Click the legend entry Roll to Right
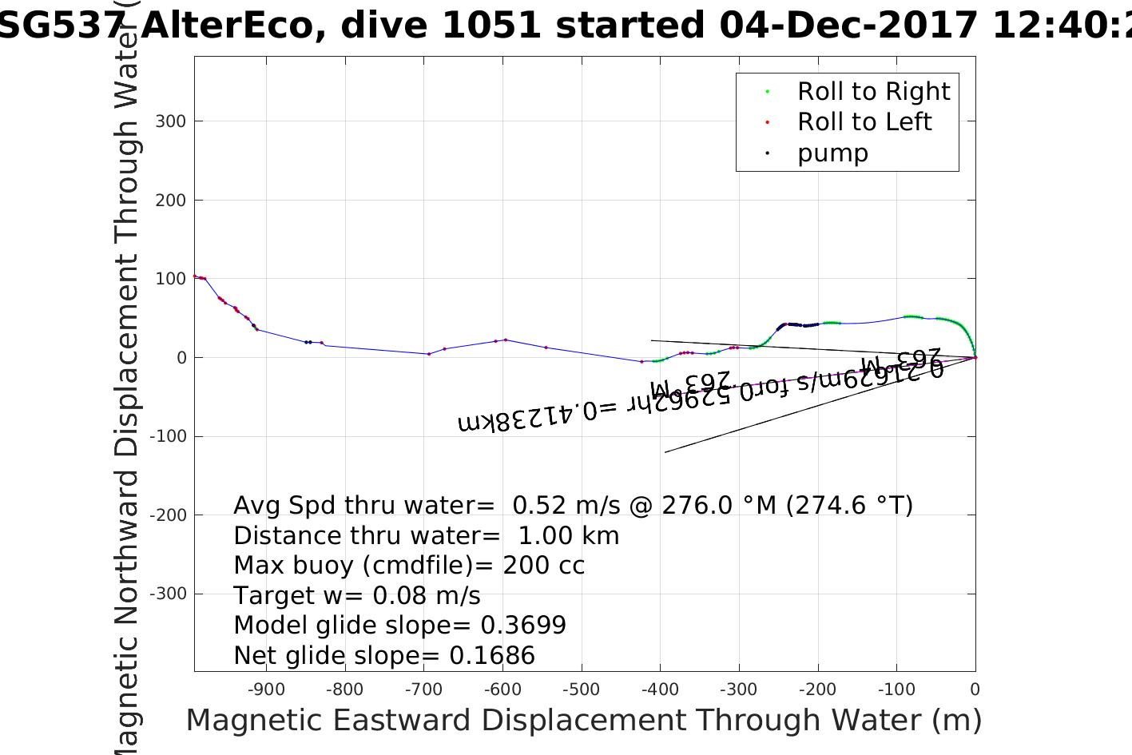click(x=873, y=92)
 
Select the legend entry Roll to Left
click(x=864, y=122)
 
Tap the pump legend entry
click(x=832, y=153)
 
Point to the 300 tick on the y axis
click(x=171, y=121)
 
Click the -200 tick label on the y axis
click(x=168, y=515)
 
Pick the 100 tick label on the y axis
click(x=171, y=279)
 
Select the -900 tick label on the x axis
click(x=266, y=689)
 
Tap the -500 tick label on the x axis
click(x=581, y=689)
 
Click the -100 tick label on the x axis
click(x=896, y=689)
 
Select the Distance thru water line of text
click(x=426, y=536)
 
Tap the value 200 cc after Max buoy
click(x=543, y=566)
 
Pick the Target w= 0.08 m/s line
click(x=357, y=596)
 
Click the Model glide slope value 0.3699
click(x=523, y=626)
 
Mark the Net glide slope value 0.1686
click(x=492, y=656)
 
